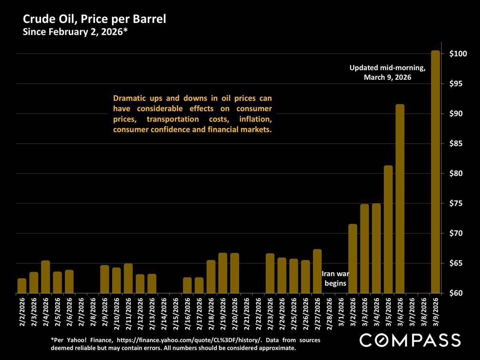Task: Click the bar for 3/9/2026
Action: point(435,172)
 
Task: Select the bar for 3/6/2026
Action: point(400,199)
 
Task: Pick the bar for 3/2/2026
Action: point(353,259)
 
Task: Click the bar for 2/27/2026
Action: point(317,271)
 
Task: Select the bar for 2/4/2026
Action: point(46,277)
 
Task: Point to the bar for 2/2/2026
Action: point(22,286)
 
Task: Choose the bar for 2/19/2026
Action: point(223,273)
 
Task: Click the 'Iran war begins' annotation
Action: point(335,279)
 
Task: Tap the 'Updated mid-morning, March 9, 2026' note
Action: point(387,73)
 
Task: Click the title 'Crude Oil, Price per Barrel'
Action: point(94,19)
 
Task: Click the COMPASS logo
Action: point(410,340)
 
